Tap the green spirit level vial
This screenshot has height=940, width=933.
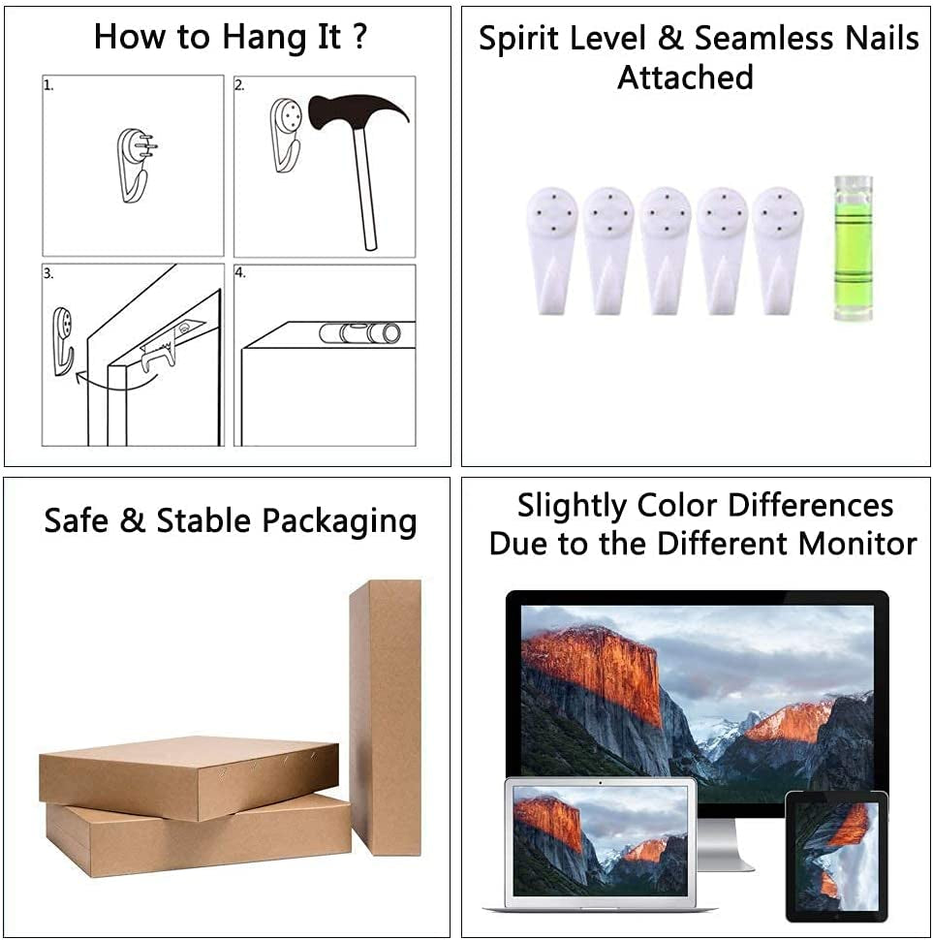coord(854,247)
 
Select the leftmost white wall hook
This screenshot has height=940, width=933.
coord(552,251)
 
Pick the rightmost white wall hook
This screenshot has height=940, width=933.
coord(778,251)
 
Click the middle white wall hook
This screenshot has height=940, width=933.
coord(666,251)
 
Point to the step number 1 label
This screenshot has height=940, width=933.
coord(48,85)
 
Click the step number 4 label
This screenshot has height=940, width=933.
coord(239,272)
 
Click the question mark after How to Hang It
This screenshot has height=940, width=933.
coord(358,36)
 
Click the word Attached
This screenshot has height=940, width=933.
coord(685,78)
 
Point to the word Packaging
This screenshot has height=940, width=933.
coord(340,521)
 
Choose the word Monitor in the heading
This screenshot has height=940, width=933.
coord(857,544)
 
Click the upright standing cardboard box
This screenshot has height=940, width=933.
coord(386,717)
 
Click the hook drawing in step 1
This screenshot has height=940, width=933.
coord(136,165)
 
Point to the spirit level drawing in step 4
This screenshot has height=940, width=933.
coord(360,333)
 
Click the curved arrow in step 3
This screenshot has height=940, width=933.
coord(115,381)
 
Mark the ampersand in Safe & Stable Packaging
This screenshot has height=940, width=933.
coord(133,519)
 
